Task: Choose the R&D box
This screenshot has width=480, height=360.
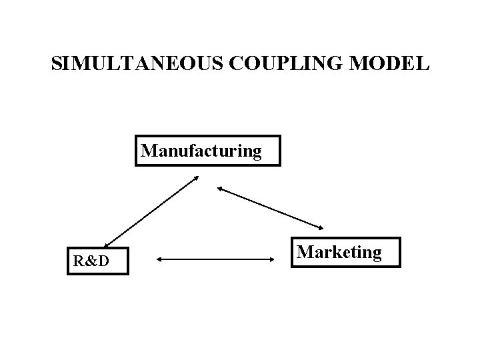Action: (96, 261)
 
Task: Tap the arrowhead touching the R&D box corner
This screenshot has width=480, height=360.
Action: (107, 245)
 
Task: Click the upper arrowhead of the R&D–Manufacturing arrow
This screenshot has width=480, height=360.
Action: (195, 177)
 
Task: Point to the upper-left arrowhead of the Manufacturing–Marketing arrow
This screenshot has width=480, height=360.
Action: (220, 189)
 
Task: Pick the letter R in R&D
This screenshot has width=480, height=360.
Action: (78, 261)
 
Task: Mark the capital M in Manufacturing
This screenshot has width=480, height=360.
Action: (150, 151)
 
